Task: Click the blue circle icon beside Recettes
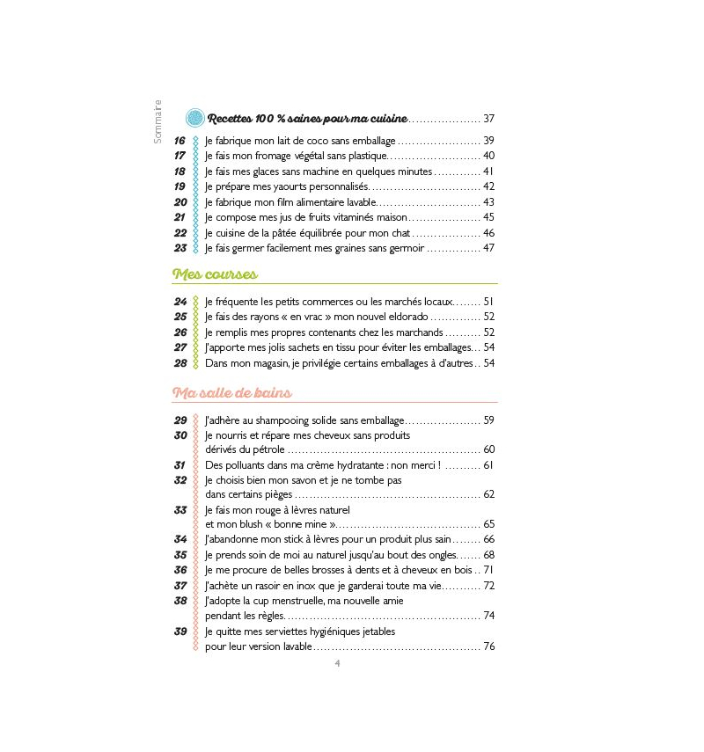195,118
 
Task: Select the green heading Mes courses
215,274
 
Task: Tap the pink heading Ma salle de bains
232,392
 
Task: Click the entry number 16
180,141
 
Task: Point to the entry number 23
180,248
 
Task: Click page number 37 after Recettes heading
489,119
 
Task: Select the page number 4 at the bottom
337,664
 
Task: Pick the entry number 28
180,363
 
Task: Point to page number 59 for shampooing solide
489,420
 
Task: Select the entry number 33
180,510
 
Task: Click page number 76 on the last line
489,646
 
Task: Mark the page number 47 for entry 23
489,248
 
